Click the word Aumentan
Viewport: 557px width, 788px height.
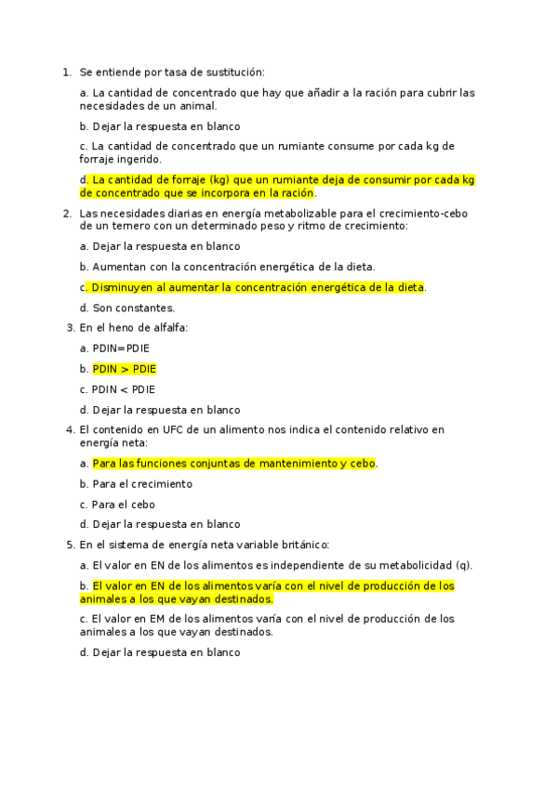pyautogui.click(x=119, y=267)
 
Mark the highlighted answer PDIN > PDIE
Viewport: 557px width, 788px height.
pyautogui.click(x=124, y=369)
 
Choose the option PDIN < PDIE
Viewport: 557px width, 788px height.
pyautogui.click(x=124, y=389)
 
